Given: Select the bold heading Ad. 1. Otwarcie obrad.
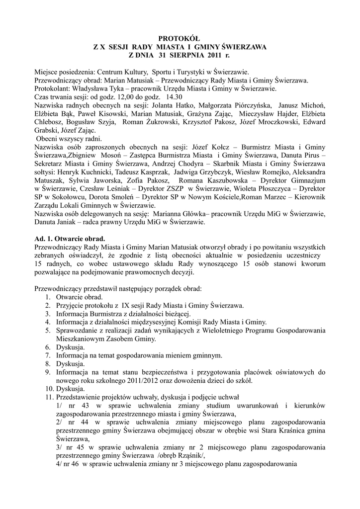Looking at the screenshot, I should tap(69, 238).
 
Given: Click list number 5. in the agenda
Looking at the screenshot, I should tap(48, 330).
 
